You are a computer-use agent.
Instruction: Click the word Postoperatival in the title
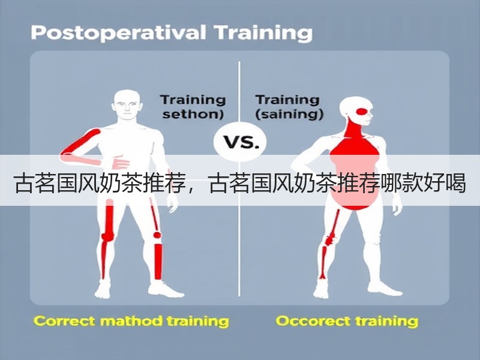(118, 33)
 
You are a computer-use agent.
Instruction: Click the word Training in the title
(263, 33)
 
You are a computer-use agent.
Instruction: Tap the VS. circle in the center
(240, 142)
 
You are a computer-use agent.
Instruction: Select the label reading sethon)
(193, 115)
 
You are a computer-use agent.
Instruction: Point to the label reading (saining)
(289, 115)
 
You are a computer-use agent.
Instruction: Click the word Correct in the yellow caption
(65, 321)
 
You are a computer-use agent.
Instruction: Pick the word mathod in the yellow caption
(131, 321)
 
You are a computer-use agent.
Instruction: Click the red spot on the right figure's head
(364, 112)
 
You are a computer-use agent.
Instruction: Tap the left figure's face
(127, 107)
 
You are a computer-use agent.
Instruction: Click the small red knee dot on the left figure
(157, 235)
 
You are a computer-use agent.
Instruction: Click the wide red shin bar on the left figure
(158, 262)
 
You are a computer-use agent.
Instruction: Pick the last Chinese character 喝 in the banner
(455, 183)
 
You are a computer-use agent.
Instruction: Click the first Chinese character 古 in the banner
(25, 183)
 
